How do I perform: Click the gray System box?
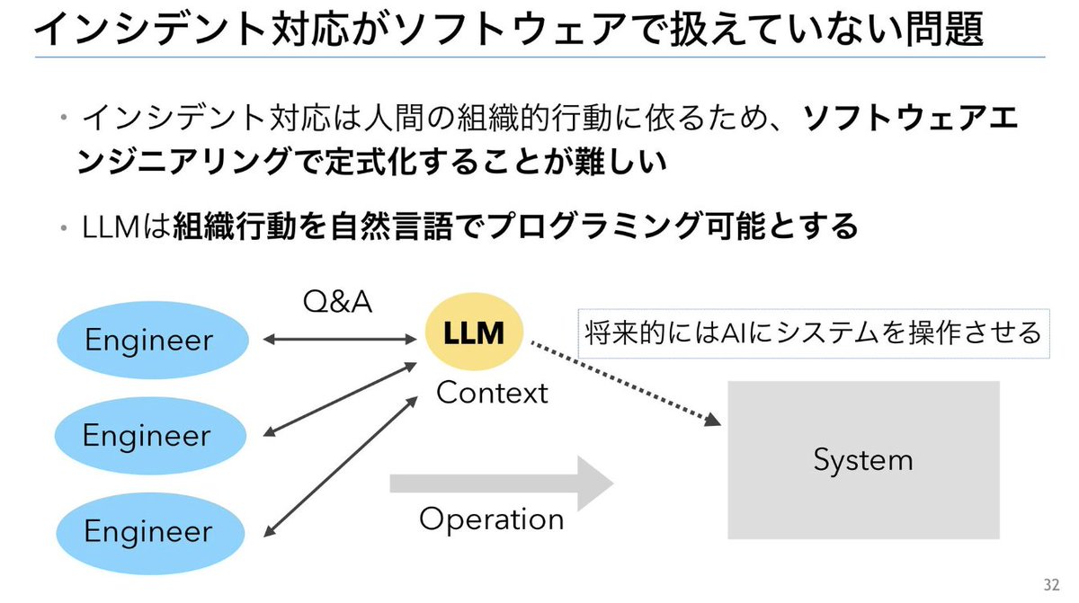[x=862, y=460]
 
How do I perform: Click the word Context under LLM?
[x=492, y=393]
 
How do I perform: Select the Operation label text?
[x=492, y=519]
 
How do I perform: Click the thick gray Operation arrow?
[x=500, y=483]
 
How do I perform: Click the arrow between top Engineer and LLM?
[x=337, y=340]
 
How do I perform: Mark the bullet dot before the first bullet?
[x=65, y=119]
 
